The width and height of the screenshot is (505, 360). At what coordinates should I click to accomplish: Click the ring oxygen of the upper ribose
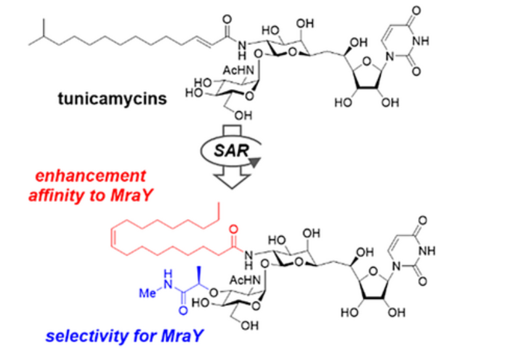pos(367,61)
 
